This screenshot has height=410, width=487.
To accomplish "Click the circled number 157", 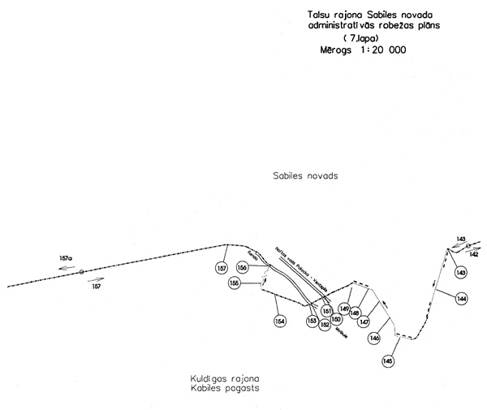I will pyautogui.click(x=222, y=268).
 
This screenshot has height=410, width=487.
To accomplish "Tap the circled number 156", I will pyautogui.click(x=242, y=267).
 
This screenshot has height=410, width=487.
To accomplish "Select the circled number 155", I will pyautogui.click(x=234, y=283).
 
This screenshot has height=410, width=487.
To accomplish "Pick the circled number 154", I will pyautogui.click(x=280, y=322).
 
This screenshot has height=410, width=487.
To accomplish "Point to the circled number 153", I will pyautogui.click(x=312, y=322).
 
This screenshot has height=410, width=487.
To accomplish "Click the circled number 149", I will pyautogui.click(x=344, y=309).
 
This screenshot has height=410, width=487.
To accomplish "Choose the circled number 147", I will pyautogui.click(x=364, y=322).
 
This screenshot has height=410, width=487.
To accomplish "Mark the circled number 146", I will pyautogui.click(x=374, y=338).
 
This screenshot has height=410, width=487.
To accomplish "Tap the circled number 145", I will pyautogui.click(x=388, y=360).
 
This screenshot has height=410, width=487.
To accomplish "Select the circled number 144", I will pyautogui.click(x=461, y=299).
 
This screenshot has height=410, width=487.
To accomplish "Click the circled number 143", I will pyautogui.click(x=461, y=272).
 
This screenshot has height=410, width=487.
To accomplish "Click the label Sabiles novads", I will pyautogui.click(x=304, y=176).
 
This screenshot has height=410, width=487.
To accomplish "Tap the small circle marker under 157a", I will pyautogui.click(x=81, y=272).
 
